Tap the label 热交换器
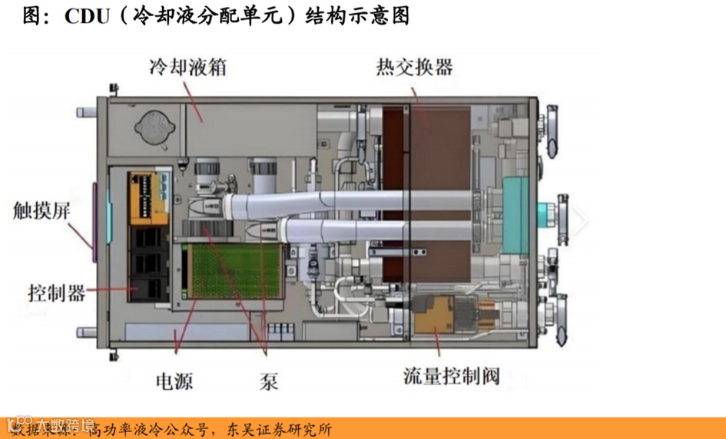[x=414, y=67]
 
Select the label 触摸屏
[x=42, y=210]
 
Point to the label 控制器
[x=56, y=292]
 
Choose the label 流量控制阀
[x=452, y=375]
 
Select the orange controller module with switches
[x=148, y=196]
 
